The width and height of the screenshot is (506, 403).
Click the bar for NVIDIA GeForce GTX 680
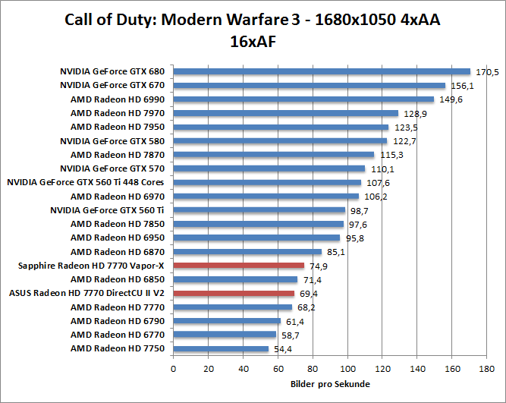tap(322, 72)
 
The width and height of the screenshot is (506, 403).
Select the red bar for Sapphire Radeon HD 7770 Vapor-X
tap(238, 266)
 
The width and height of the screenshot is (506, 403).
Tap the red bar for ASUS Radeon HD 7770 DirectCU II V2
tap(234, 293)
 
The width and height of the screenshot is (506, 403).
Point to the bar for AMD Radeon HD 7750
tap(221, 348)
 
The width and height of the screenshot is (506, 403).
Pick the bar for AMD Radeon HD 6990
tap(303, 99)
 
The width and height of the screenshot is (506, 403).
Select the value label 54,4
tap(284, 348)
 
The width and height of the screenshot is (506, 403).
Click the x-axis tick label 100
tap(347, 369)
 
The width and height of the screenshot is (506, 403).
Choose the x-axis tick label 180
tap(486, 369)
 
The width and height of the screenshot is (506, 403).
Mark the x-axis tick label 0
tap(174, 369)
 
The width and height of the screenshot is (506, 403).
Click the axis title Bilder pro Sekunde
tap(330, 385)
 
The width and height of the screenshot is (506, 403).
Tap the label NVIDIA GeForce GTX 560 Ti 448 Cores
tap(86, 182)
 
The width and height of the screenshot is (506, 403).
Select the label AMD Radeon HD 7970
tap(118, 113)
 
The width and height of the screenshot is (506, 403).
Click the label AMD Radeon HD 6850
tap(118, 279)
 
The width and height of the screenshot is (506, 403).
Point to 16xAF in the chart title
tap(253, 41)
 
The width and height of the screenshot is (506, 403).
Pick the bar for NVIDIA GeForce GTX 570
tap(269, 168)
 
